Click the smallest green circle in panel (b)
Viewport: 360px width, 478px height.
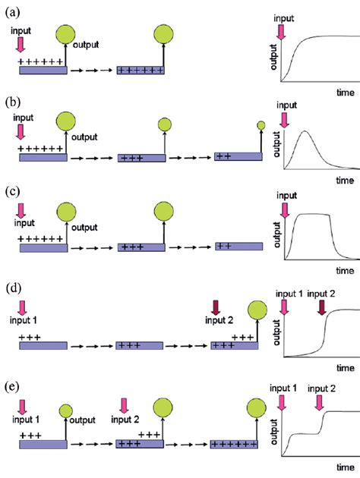point(261,124)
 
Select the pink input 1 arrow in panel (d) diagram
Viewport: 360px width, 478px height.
point(21,307)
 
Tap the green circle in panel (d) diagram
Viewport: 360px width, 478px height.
point(257,310)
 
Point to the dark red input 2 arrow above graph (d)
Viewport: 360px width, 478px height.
point(322,307)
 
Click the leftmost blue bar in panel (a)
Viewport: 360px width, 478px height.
point(43,70)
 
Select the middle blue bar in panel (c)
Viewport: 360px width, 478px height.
point(141,247)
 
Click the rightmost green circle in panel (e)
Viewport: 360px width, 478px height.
point(257,409)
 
